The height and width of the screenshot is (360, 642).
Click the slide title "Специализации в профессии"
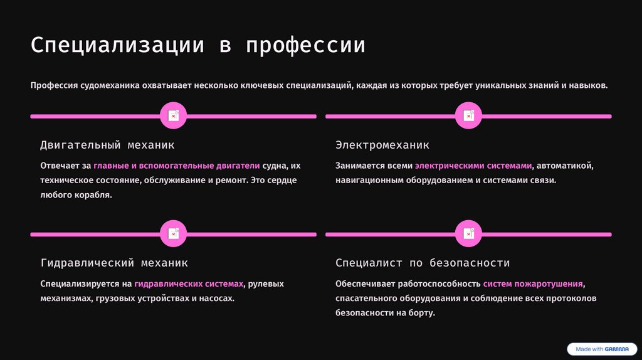click(x=197, y=46)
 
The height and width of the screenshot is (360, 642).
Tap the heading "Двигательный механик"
click(x=107, y=145)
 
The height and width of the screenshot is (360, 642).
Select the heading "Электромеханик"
click(x=382, y=145)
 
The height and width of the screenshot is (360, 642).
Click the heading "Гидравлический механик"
click(x=114, y=263)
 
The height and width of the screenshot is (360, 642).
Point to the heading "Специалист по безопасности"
click(x=423, y=263)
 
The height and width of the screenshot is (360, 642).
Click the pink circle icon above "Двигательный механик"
click(x=173, y=116)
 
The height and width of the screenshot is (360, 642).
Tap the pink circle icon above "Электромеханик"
click(x=468, y=116)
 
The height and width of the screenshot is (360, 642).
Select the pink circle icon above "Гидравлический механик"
click(x=173, y=234)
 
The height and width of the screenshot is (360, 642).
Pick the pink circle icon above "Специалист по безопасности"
click(x=468, y=234)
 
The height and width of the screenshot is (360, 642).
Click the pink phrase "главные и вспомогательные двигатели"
click(x=176, y=166)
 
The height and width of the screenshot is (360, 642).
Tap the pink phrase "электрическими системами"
click(x=473, y=166)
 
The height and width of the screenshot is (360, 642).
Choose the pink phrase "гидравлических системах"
click(x=189, y=283)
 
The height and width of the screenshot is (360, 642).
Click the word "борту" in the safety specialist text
click(x=420, y=312)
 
